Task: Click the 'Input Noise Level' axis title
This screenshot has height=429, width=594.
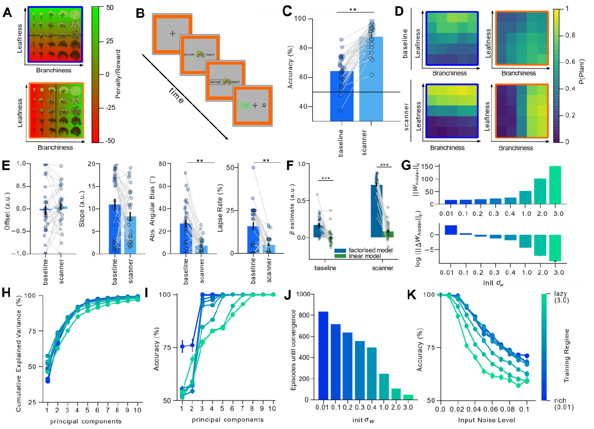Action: click(484, 421)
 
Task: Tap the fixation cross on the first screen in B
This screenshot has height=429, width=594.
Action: click(172, 33)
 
